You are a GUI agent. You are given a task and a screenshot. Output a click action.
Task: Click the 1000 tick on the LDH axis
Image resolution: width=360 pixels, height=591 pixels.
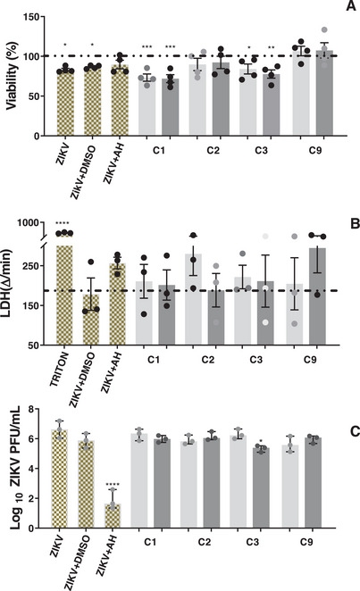tap(33, 223)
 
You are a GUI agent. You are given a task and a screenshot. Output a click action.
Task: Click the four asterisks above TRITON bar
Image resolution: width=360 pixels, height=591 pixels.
tap(63, 223)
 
